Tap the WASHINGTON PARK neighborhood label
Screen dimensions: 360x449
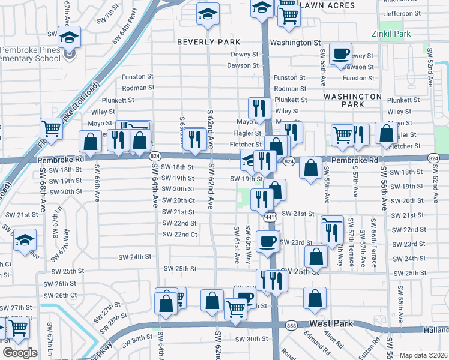352,100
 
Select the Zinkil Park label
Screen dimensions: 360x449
391,34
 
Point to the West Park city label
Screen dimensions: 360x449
331,323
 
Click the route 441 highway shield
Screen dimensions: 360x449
270,217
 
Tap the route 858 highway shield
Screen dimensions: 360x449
292,325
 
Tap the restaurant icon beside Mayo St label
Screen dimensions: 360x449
259,107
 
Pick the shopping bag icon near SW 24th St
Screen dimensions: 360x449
316,257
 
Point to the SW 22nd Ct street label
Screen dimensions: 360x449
180,234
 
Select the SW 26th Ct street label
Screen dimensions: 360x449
61,295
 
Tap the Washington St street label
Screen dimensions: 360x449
295,43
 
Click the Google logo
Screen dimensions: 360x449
20,352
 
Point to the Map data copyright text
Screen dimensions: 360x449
424,355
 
